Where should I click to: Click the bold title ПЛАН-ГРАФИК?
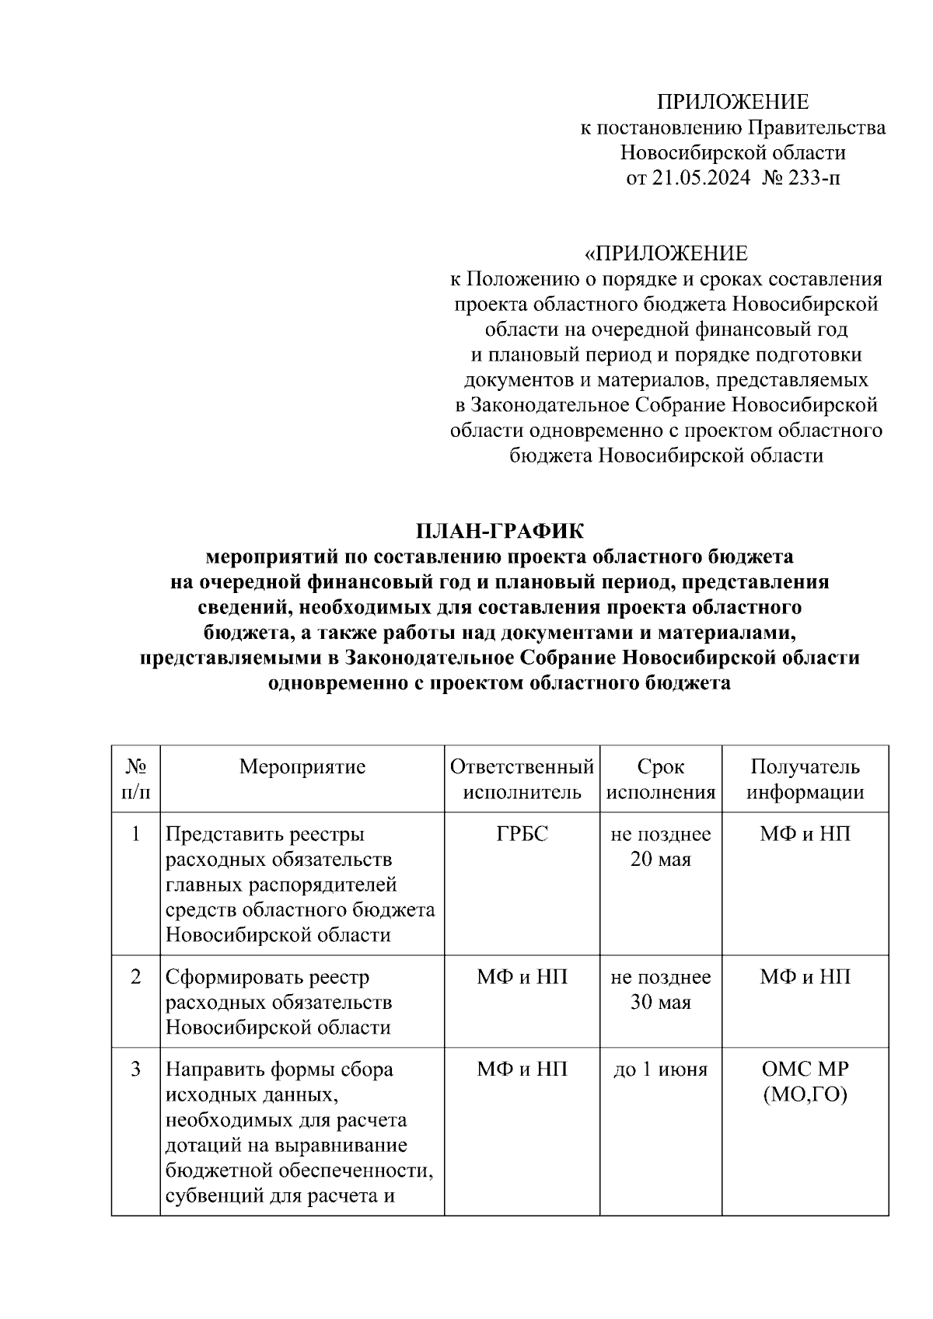499,531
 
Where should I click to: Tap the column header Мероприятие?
302,767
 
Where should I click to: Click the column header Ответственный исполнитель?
522,780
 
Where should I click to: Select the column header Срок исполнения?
660,780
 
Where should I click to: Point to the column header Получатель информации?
805,780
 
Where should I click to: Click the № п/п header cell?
136,780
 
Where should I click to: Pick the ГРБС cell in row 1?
522,834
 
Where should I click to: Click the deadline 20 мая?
660,860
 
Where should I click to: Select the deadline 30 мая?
660,1003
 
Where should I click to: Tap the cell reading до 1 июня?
660,1070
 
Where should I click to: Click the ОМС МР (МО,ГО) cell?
805,1082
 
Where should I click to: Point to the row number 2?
136,977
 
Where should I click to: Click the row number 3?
136,1070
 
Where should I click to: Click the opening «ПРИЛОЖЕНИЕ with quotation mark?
666,253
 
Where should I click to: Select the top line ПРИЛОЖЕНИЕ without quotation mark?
732,103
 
